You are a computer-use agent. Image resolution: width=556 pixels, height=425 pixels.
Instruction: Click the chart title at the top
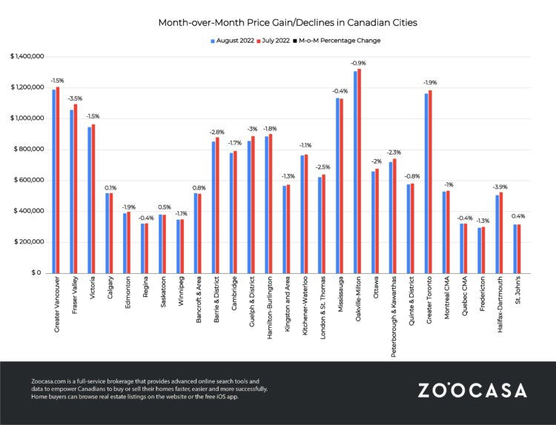(x=288, y=23)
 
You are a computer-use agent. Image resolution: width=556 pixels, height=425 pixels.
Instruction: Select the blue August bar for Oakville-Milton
(x=356, y=172)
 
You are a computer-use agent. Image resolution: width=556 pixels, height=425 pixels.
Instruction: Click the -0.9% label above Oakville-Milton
(x=358, y=63)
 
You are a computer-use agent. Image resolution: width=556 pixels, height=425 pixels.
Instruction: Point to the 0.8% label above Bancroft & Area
(x=198, y=187)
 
